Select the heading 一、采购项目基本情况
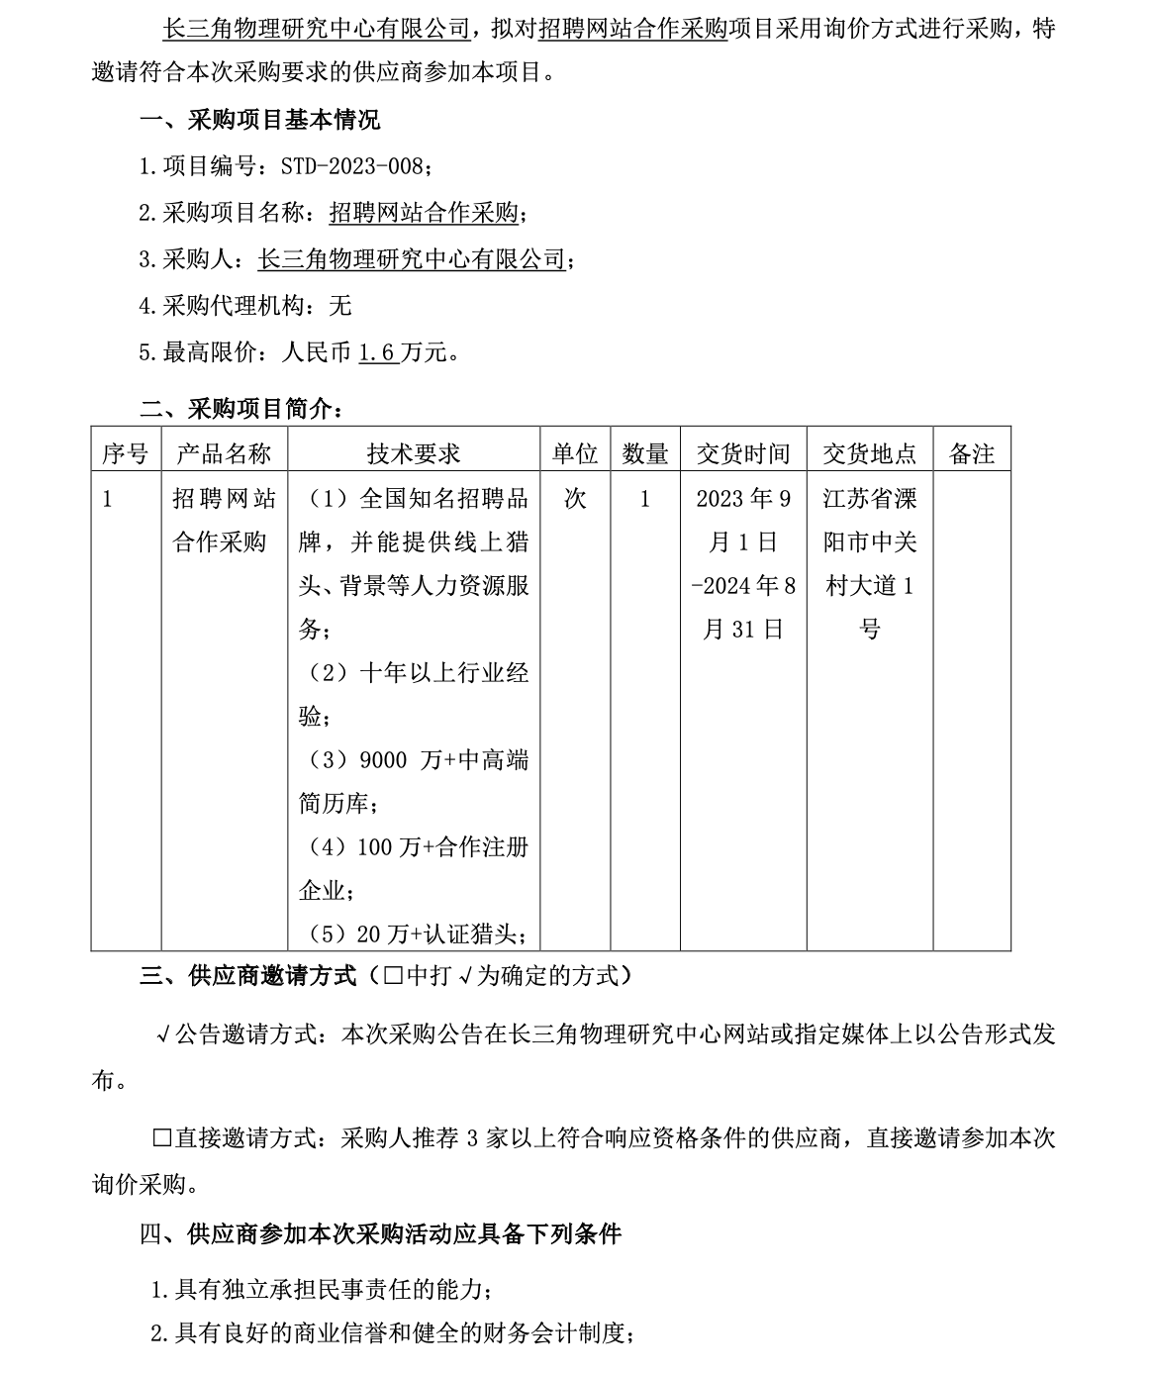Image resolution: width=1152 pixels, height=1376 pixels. click(259, 120)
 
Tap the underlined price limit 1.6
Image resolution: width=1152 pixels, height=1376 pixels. click(377, 351)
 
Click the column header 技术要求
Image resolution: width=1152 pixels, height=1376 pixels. click(414, 453)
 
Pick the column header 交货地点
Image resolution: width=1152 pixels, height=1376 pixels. click(869, 453)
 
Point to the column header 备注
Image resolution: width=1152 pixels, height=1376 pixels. click(971, 453)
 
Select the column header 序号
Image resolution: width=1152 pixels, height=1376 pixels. click(126, 453)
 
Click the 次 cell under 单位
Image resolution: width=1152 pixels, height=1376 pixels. click(575, 498)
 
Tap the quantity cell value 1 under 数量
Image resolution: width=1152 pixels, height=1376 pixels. click(645, 498)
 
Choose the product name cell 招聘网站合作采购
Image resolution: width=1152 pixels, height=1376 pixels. click(224, 520)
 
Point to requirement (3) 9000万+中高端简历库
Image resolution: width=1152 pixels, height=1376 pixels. click(414, 781)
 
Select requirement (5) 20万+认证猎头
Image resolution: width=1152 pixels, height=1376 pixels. click(414, 934)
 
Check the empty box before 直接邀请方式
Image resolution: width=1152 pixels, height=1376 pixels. click(162, 1137)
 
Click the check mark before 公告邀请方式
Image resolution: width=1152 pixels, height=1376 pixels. click(163, 1035)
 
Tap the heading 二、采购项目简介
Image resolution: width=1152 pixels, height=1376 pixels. click(241, 408)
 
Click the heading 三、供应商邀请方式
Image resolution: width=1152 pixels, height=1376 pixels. click(247, 976)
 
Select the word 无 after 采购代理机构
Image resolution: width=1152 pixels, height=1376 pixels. click(339, 306)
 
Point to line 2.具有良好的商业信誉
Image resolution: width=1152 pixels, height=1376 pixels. click(391, 1333)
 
